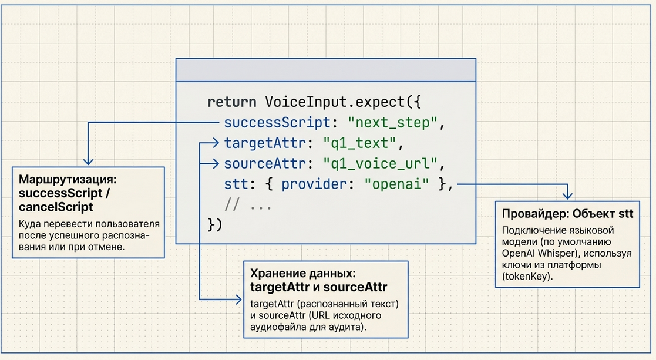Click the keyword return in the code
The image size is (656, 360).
point(232,102)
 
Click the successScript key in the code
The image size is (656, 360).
point(278,123)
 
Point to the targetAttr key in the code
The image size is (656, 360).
point(270,143)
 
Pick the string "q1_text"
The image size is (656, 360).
point(361,143)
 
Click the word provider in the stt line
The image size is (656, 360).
point(314,184)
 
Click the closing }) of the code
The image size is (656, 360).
point(215,225)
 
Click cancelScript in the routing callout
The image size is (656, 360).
point(56,207)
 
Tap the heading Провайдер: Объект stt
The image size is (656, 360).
point(567,213)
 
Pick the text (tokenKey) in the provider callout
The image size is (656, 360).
point(527,276)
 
